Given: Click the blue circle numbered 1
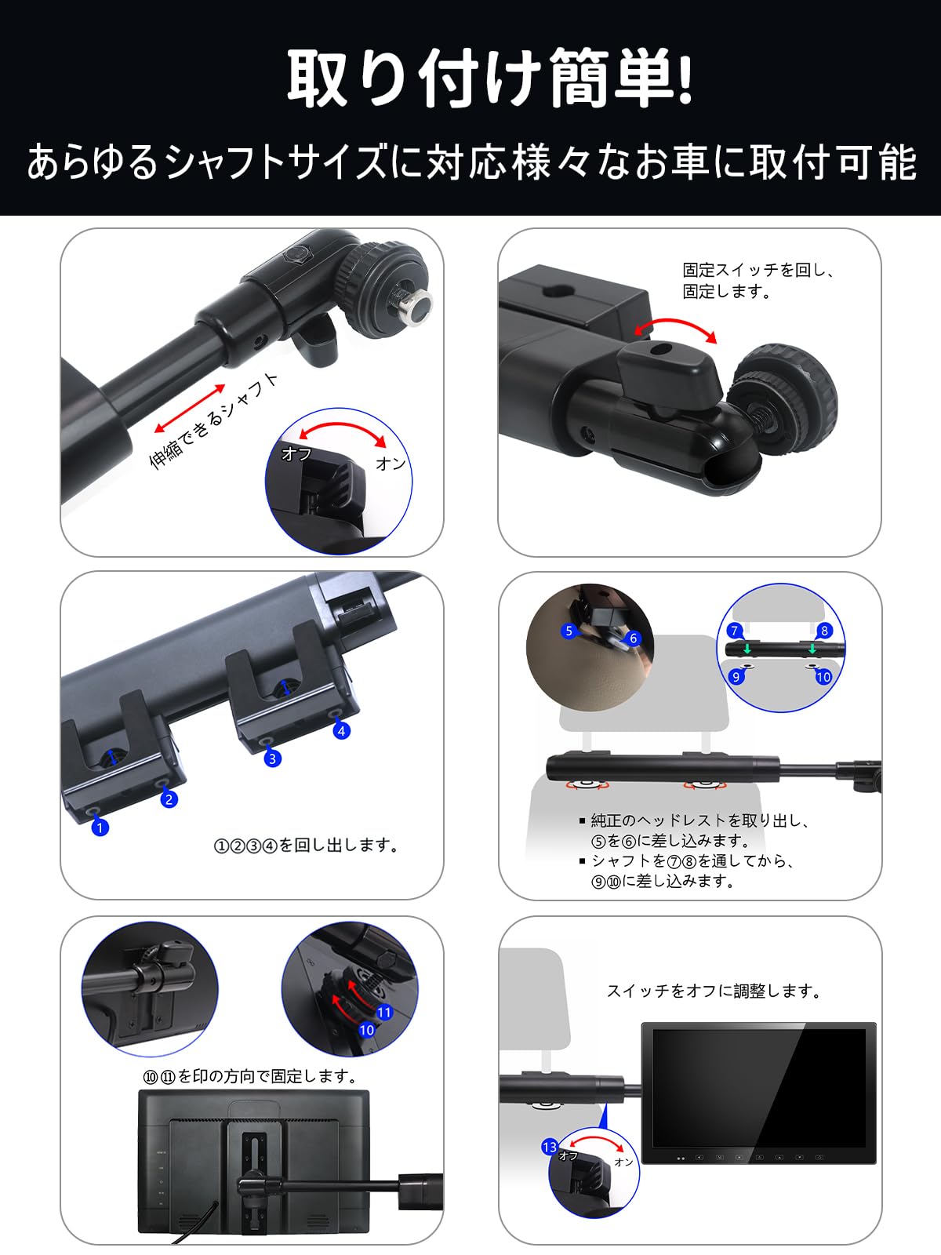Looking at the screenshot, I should [x=100, y=827].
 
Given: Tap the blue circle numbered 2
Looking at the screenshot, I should [x=169, y=799].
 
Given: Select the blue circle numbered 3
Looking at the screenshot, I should [x=272, y=758].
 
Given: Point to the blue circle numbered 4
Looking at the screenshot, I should [x=341, y=731].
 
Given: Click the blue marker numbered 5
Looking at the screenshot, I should [x=569, y=631].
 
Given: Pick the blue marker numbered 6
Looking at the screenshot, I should [x=633, y=638].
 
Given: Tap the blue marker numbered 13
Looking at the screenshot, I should [x=550, y=1147].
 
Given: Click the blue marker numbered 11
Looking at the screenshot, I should [x=384, y=1013].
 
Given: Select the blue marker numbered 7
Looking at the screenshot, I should [x=735, y=631].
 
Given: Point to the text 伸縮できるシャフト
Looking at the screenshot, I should [x=214, y=420].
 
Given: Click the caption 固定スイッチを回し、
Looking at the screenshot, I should [x=758, y=271].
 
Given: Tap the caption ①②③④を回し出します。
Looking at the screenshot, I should [x=307, y=846].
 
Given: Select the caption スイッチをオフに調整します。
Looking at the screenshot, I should [x=714, y=991].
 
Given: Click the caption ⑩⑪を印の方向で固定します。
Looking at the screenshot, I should [x=250, y=1076].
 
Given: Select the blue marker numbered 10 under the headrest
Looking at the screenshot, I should [x=823, y=676].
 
